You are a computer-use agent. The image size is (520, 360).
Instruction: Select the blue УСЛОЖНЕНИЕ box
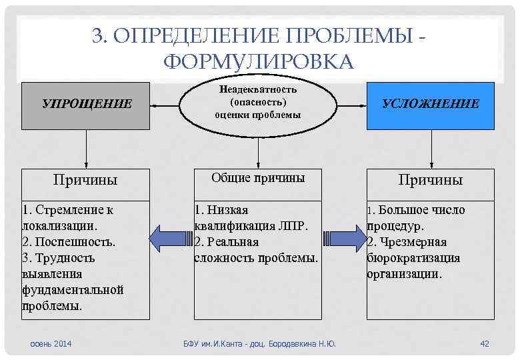[x=430, y=105]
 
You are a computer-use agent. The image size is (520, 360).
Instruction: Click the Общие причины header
[x=258, y=178]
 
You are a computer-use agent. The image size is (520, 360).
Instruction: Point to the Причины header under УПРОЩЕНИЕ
[x=85, y=180]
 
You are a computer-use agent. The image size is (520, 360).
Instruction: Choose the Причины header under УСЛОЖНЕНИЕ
[x=431, y=180]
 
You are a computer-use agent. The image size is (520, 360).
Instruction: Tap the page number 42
[x=485, y=343]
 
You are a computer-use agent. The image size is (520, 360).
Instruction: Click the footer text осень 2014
[x=51, y=343]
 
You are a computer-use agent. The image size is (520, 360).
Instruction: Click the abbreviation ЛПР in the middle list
[x=293, y=226]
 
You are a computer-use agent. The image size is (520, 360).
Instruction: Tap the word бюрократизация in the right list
[x=413, y=258]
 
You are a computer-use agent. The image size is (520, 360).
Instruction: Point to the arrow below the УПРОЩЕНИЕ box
[x=86, y=151]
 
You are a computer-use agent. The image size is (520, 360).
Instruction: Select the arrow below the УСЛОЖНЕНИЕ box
[x=431, y=151]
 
